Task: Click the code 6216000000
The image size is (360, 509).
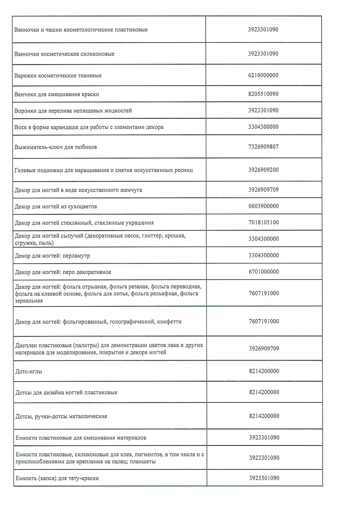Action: click(263, 75)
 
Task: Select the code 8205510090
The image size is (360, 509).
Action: click(263, 93)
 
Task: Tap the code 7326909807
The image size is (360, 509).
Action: click(263, 147)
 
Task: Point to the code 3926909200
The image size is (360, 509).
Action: click(263, 170)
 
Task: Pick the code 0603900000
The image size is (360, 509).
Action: click(263, 206)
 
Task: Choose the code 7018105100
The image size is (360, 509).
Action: click(263, 222)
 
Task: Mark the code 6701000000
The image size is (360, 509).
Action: click(263, 271)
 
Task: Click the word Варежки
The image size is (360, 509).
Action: click(27, 76)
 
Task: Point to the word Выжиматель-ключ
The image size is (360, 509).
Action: click(39, 148)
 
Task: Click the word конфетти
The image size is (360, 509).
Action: click(169, 322)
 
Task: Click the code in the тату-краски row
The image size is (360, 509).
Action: click(263, 478)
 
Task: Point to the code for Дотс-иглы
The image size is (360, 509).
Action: click(263, 370)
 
